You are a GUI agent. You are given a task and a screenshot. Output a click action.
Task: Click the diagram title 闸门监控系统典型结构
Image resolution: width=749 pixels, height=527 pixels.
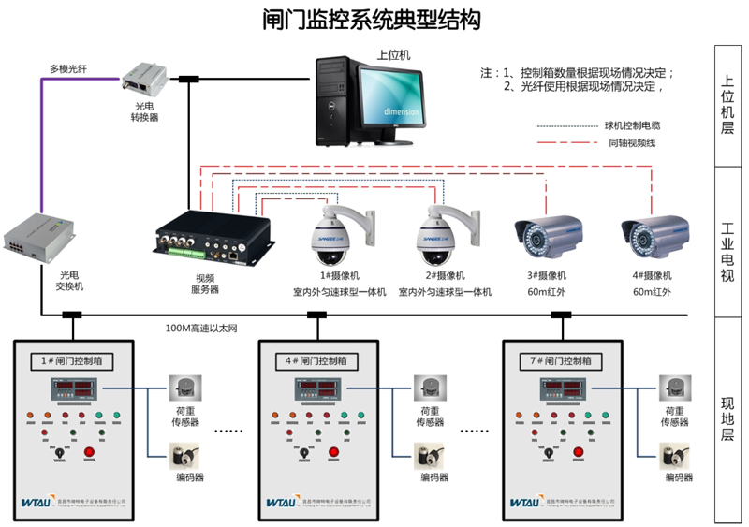pyautogui.click(x=374, y=21)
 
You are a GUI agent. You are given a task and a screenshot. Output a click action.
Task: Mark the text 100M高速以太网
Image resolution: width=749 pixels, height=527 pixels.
pyautogui.click(x=202, y=328)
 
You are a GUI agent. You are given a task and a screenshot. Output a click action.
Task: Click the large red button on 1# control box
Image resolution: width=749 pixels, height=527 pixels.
pyautogui.click(x=90, y=454)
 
